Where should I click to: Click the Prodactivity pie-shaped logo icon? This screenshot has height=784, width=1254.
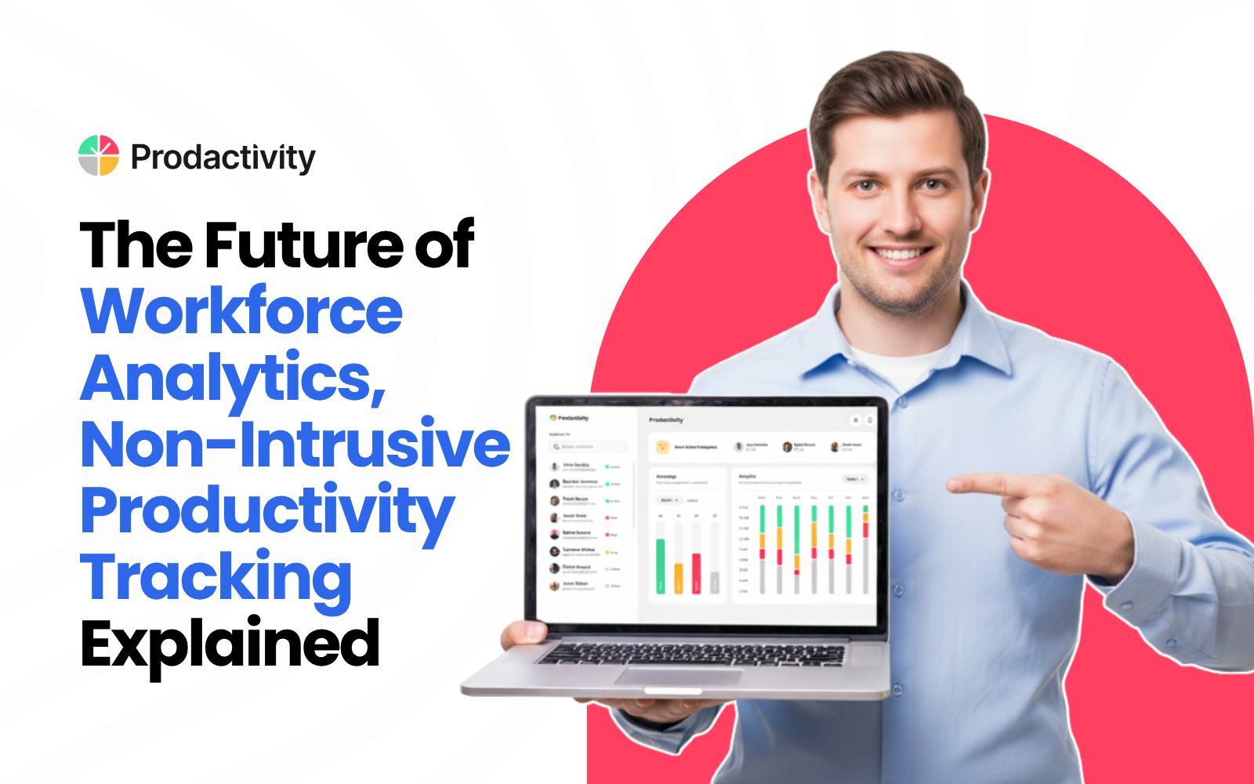coord(99,155)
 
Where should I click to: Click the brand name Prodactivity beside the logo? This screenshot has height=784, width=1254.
coord(223,158)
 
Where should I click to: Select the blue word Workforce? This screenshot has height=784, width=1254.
coord(242,311)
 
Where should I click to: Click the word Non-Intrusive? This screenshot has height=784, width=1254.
coord(295,444)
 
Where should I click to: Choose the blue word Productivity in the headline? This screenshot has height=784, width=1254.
coord(267,510)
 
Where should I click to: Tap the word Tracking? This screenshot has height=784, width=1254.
coord(216,577)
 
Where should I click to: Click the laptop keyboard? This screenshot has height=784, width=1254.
coord(690,653)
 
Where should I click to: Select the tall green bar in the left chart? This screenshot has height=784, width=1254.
coord(661,566)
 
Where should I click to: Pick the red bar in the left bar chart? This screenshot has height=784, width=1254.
coord(696,574)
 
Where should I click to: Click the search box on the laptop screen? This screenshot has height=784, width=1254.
coord(589,447)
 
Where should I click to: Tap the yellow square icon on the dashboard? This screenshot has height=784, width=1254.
coord(663,447)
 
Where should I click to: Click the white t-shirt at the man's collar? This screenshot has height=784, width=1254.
coord(901,364)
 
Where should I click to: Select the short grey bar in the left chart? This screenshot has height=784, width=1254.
coord(714,583)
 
